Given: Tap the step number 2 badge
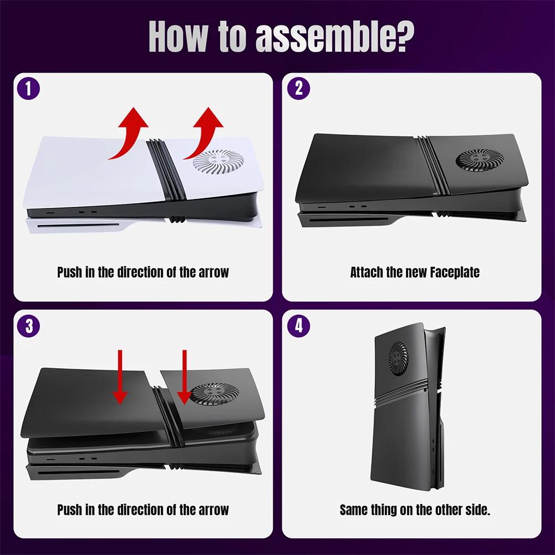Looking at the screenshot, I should (299, 89).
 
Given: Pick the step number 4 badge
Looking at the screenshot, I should (299, 326).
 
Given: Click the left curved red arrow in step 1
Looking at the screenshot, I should (129, 133).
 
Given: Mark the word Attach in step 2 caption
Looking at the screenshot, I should (366, 272).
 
